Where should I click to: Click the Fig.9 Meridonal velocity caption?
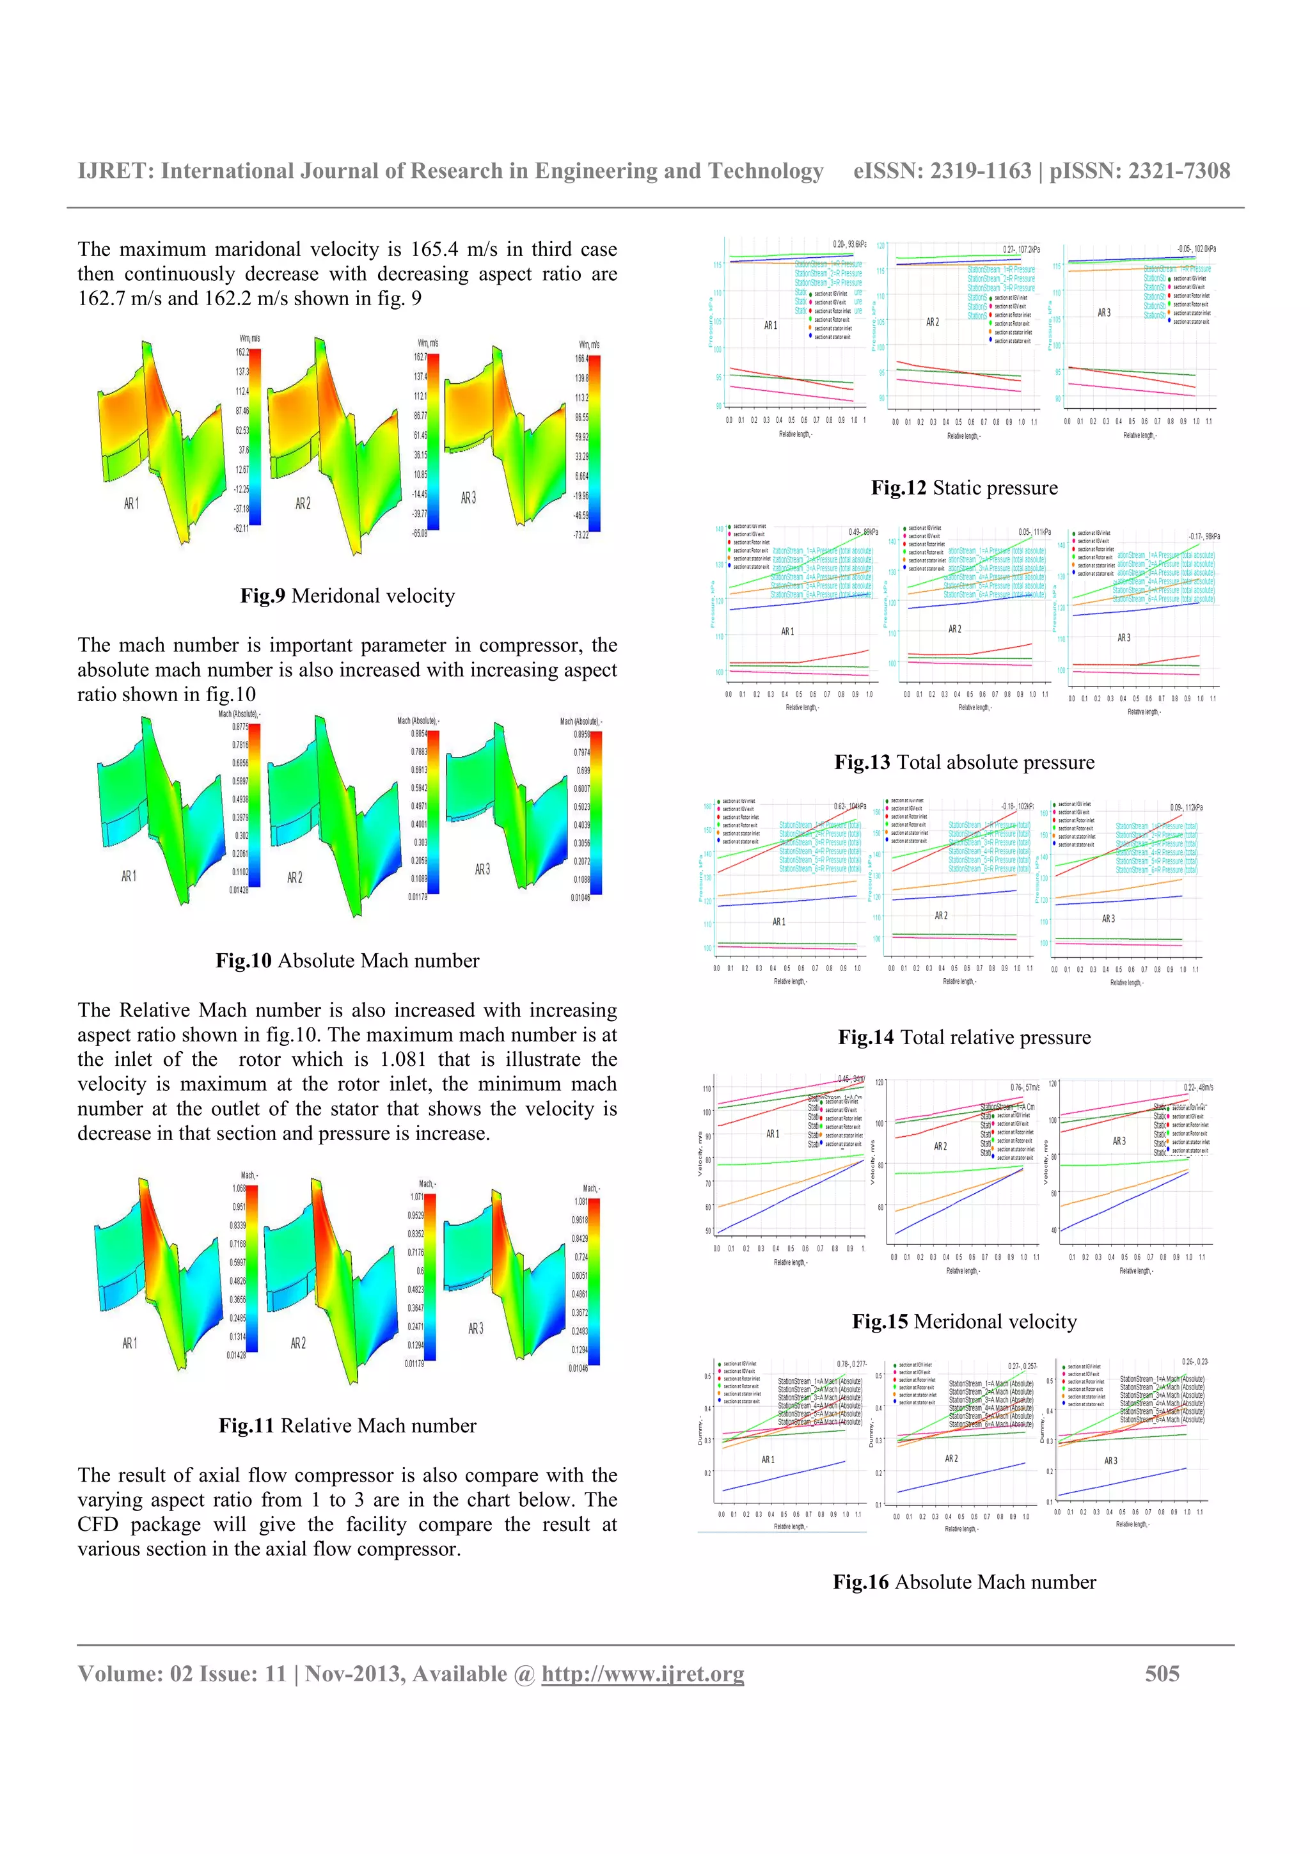(x=347, y=596)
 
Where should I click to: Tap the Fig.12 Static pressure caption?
(x=964, y=487)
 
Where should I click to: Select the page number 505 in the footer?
(x=1162, y=1674)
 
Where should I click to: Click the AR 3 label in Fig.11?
(x=476, y=1328)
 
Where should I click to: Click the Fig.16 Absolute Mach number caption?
(x=964, y=1583)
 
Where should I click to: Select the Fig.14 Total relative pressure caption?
(x=964, y=1038)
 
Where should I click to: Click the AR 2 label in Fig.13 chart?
(x=955, y=629)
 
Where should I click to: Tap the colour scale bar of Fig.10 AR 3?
(x=597, y=812)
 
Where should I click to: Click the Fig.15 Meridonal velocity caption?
(x=964, y=1322)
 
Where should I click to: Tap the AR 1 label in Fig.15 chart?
(x=773, y=1134)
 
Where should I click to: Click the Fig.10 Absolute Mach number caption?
(x=347, y=961)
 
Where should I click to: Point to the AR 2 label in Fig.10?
(x=295, y=878)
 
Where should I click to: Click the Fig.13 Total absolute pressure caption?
(x=964, y=763)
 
